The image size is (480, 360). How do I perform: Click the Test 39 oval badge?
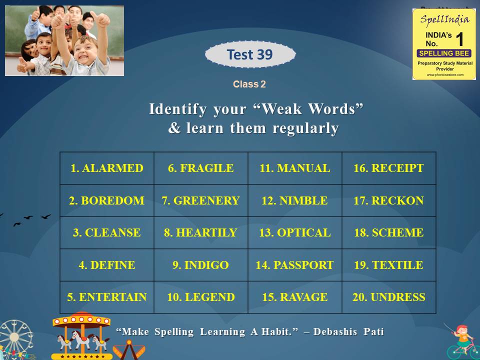[x=250, y=54]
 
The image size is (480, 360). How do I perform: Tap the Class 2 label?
[x=249, y=84]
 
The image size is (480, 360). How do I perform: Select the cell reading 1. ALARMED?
[x=106, y=168]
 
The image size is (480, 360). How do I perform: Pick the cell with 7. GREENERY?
[x=200, y=200]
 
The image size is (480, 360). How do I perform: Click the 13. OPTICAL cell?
[x=294, y=233]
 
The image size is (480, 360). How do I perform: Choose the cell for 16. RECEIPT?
[x=388, y=168]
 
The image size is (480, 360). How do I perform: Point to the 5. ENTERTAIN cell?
[x=106, y=297]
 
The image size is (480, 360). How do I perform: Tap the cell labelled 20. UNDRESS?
[x=388, y=297]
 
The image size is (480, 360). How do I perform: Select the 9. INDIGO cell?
[x=200, y=265]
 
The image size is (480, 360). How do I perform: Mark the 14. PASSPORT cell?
[x=294, y=265]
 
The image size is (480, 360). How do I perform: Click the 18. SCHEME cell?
[x=388, y=233]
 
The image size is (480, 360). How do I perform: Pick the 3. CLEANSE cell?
[x=106, y=233]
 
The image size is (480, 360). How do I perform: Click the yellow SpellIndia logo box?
[x=444, y=44]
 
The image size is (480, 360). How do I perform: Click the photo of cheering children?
[x=64, y=40]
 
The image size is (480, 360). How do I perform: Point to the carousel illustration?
[x=81, y=335]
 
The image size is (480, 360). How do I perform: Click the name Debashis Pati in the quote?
[x=354, y=332]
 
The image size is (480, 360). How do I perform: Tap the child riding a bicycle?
[x=462, y=340]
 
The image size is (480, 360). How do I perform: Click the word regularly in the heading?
[x=305, y=128]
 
